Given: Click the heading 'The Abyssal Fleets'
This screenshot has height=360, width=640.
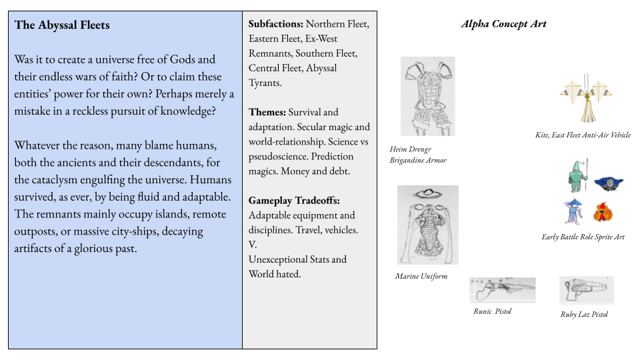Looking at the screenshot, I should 62,25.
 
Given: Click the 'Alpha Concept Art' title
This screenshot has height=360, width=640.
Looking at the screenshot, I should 503,24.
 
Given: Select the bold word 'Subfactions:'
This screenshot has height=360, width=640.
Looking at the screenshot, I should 275,24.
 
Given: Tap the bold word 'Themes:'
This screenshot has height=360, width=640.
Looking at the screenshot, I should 267,112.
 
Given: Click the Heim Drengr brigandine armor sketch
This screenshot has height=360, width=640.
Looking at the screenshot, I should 427,96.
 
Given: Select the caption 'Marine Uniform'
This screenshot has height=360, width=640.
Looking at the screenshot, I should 421,276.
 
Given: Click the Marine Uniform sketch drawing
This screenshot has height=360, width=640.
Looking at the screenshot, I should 427,225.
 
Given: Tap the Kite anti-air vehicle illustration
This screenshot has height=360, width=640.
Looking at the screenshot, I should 587,100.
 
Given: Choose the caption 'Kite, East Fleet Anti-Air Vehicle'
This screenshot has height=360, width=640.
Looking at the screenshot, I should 583,135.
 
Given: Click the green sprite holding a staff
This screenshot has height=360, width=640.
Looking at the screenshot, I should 578,176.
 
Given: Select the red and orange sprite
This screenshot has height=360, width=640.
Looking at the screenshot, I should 603,213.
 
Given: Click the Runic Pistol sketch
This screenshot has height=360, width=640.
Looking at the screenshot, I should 502,289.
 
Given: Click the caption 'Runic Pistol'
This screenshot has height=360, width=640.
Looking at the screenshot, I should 492,311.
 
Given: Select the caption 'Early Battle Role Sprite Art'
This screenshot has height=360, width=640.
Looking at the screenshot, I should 583,237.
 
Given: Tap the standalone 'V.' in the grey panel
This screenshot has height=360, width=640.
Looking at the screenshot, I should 253,245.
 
